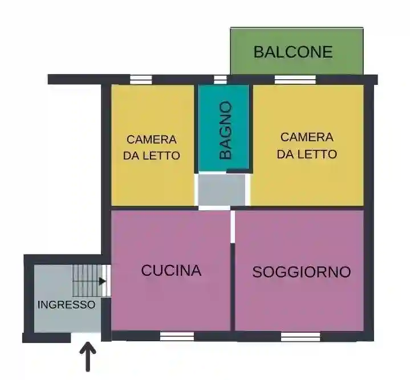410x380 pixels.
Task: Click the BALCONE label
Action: pos(293,52)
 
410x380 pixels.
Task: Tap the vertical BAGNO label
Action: pos(226,130)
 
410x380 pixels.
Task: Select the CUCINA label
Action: pos(171,270)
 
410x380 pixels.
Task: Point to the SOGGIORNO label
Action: pos(301,272)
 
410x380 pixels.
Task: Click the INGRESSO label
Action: pos(66,305)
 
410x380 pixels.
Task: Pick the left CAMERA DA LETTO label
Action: pos(152,147)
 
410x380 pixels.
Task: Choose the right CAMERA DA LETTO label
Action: pos(306,145)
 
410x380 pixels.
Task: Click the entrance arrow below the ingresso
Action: pos(88,357)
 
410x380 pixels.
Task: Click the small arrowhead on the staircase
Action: pos(102,280)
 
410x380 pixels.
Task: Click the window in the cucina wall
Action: pos(177,337)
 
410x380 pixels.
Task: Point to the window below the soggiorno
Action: pos(300,337)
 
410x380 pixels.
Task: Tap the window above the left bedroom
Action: pos(141,79)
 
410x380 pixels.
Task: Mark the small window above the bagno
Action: pos(220,79)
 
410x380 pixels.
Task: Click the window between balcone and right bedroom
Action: pos(295,79)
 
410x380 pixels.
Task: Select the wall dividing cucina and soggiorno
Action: pos(233,285)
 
